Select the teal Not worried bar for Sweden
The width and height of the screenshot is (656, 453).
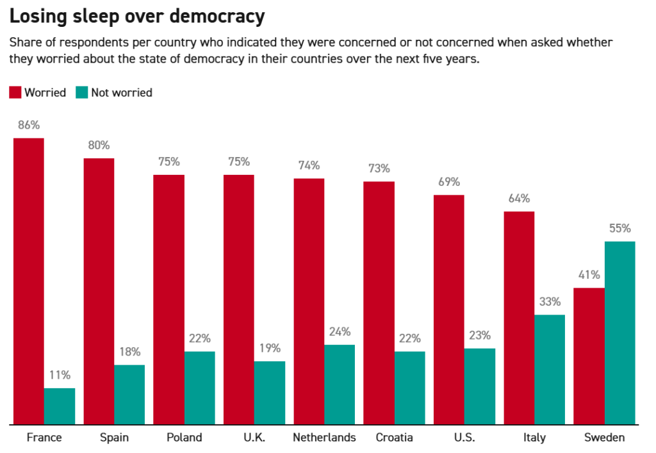tap(619, 333)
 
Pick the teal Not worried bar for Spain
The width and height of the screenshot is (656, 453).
tap(129, 394)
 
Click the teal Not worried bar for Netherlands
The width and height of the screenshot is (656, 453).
tap(340, 384)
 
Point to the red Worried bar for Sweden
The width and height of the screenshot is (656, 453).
tap(589, 356)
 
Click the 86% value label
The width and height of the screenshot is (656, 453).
tap(29, 125)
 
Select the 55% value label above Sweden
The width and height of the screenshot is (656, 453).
tap(619, 228)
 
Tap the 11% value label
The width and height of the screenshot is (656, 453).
tap(60, 375)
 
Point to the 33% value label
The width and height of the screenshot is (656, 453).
tap(550, 302)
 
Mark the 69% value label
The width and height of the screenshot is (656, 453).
tap(448, 182)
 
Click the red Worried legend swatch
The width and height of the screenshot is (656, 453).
tap(15, 92)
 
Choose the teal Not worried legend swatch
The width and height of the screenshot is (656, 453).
tap(81, 92)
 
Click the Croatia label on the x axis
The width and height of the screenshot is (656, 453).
tap(394, 438)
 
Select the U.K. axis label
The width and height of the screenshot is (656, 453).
tap(254, 438)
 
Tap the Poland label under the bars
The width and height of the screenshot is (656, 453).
tap(184, 438)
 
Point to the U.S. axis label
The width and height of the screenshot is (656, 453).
tap(464, 438)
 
